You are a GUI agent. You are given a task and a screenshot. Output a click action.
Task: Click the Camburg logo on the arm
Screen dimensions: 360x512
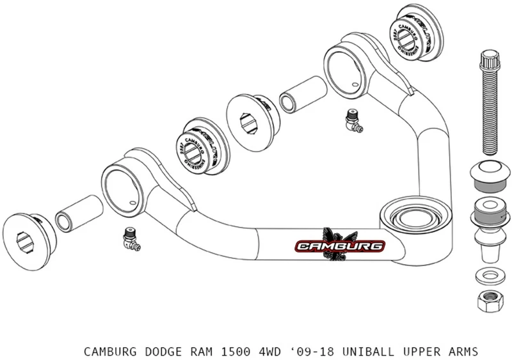(x=340, y=245)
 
